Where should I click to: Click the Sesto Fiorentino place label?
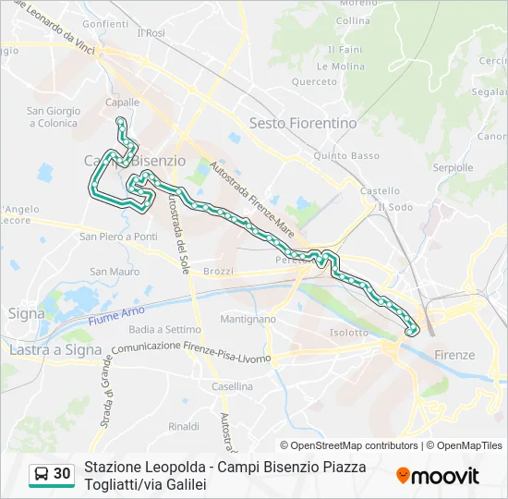point(303,123)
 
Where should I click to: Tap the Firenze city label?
point(454,355)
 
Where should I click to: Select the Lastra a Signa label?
point(54,350)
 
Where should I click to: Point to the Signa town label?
point(26,313)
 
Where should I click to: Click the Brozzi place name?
point(219,272)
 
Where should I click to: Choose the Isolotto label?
point(349,333)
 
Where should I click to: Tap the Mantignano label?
point(248,319)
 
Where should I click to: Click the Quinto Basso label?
point(346,156)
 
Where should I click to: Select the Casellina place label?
point(232,386)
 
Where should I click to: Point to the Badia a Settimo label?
point(165,329)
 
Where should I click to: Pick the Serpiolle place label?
point(453,168)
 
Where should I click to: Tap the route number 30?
point(62,474)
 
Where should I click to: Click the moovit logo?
point(438,475)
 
